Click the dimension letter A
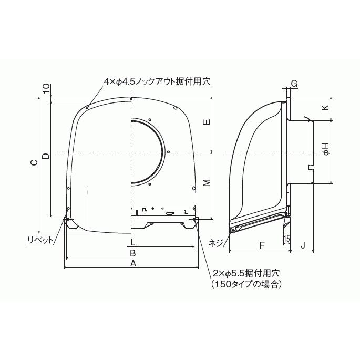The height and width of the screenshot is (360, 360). coord(133,263)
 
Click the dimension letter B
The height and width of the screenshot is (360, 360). coord(133,253)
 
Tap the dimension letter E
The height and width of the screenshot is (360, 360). coord(207,122)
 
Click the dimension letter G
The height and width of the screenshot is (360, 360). coord(294,84)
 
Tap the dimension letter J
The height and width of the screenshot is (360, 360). coord(303,245)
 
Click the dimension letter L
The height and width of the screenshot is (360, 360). coord(133,242)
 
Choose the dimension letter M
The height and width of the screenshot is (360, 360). coord(207,183)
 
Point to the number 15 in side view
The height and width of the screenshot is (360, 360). coord(286,239)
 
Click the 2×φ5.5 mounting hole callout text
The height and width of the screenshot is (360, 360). coord(246,274)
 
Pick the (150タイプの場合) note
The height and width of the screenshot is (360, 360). coord(246,284)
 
